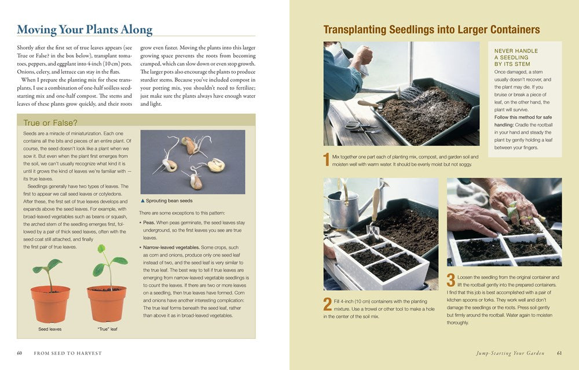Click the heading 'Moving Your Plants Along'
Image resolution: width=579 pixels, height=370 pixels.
coord(85,29)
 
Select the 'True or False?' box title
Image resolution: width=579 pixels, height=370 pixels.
coord(51,123)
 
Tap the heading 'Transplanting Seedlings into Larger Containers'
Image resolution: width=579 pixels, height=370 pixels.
coord(431,29)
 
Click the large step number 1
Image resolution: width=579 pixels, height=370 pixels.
coord(327,159)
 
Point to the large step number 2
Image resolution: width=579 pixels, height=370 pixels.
coord(327,304)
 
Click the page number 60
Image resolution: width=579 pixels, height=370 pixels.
coord(19,353)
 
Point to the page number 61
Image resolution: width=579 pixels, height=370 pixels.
coord(559,353)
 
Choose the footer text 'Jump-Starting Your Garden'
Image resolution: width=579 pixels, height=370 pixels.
coord(509,353)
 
